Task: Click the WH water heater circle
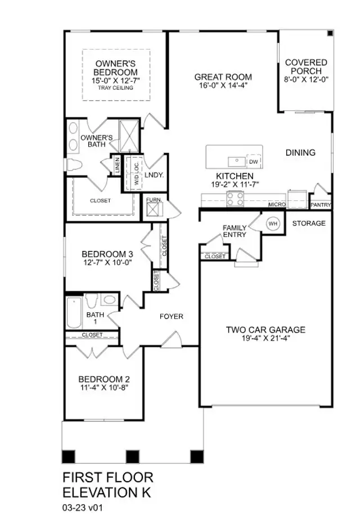click(273, 224)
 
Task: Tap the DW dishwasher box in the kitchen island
click(254, 162)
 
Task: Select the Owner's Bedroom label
click(116, 68)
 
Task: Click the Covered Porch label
click(306, 67)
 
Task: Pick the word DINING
click(300, 152)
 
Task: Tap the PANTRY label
click(321, 205)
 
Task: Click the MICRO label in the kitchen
click(276, 205)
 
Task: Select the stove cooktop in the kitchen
click(235, 198)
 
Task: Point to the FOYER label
click(171, 317)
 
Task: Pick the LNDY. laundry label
click(154, 176)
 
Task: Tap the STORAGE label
click(309, 223)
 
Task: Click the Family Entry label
click(234, 231)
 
